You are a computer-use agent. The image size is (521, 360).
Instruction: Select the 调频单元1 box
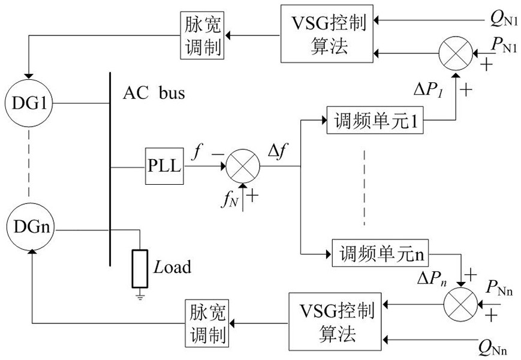[x=375, y=122]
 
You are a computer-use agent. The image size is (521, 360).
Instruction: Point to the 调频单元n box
[x=379, y=253]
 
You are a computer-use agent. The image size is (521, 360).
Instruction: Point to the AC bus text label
[x=154, y=94]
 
